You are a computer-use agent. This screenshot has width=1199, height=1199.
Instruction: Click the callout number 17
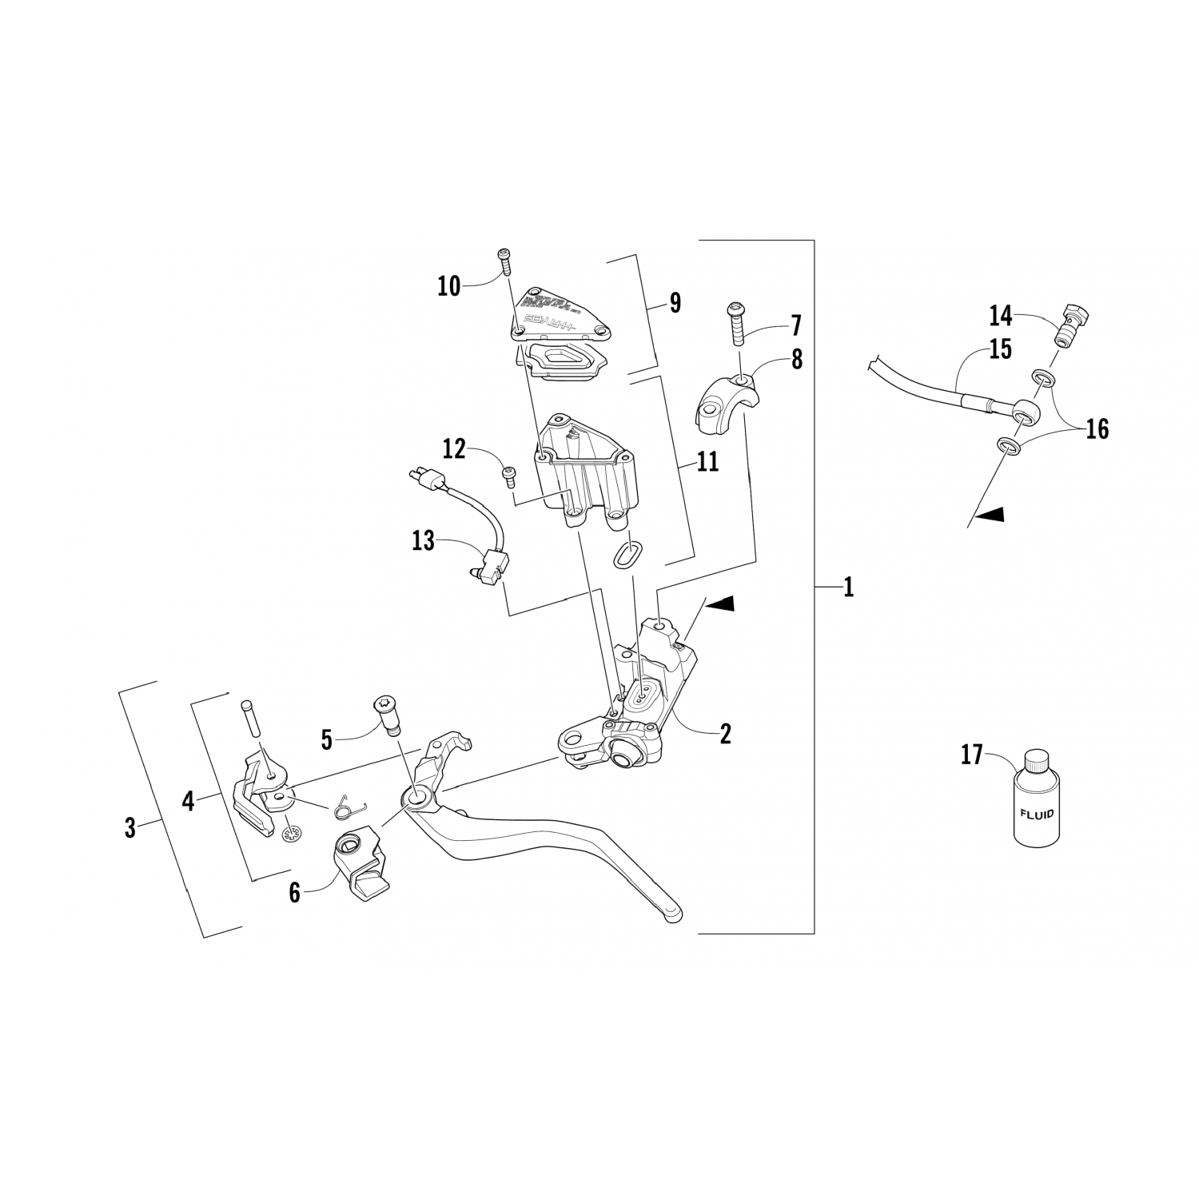pyautogui.click(x=970, y=754)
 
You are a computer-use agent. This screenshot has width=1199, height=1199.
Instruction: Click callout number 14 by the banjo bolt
pyautogui.click(x=1000, y=316)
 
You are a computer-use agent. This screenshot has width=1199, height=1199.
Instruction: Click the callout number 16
pyautogui.click(x=1097, y=429)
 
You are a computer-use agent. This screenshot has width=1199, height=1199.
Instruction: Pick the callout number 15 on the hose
pyautogui.click(x=1000, y=349)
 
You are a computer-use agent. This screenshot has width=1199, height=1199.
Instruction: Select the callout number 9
pyautogui.click(x=675, y=303)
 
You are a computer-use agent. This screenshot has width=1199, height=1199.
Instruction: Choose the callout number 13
pyautogui.click(x=423, y=541)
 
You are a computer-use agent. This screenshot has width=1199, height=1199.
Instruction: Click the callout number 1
pyautogui.click(x=848, y=588)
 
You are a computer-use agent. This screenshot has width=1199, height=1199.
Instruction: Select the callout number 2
pyautogui.click(x=725, y=733)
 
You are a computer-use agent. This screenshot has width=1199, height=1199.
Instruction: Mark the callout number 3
pyautogui.click(x=130, y=827)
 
